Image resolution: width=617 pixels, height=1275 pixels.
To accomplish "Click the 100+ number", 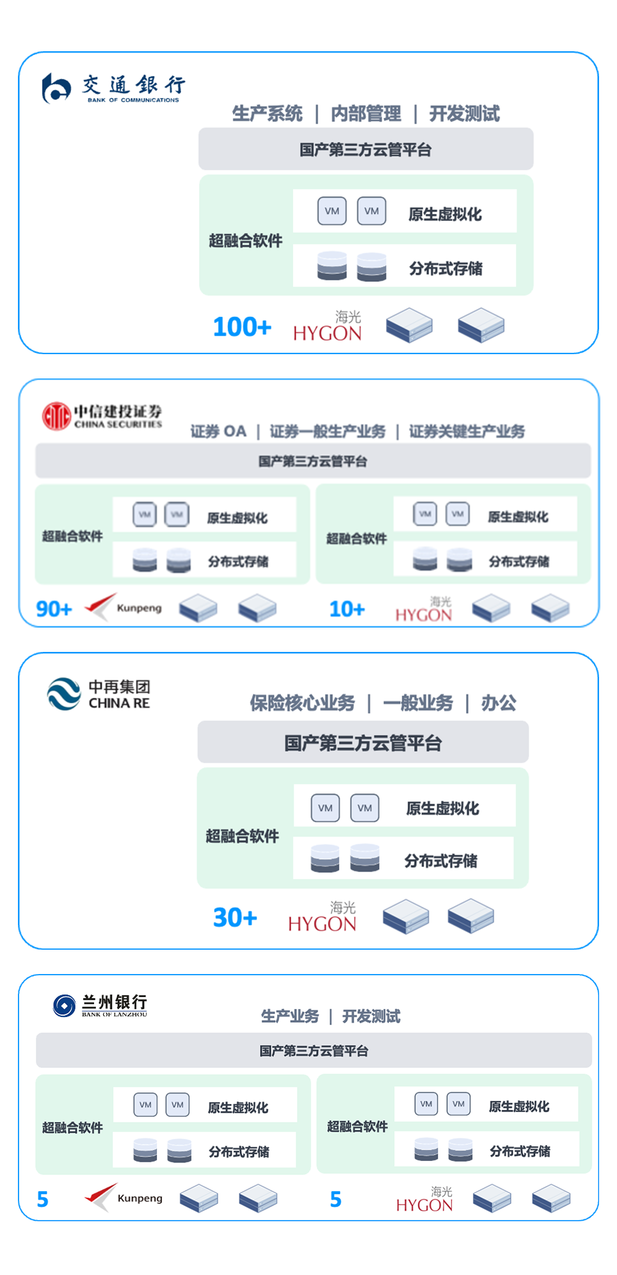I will (242, 327).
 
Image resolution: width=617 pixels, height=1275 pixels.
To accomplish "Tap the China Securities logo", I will (102, 416).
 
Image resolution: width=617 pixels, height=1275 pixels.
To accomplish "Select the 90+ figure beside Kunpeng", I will (54, 608).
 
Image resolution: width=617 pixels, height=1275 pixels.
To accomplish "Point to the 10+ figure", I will (347, 609).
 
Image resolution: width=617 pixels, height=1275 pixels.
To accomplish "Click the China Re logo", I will (99, 694).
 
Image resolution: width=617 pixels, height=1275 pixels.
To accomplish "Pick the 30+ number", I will (235, 918).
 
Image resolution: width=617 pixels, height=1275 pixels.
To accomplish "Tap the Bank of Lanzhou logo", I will (100, 1005).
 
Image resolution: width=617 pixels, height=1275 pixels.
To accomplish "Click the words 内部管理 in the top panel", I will (365, 114).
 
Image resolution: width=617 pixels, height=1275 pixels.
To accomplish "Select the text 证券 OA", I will (218, 432).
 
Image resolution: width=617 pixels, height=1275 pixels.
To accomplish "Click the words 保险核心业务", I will (302, 703).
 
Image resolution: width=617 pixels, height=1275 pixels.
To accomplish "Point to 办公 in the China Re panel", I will (498, 703).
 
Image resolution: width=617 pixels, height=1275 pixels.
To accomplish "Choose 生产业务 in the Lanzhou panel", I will (289, 1016).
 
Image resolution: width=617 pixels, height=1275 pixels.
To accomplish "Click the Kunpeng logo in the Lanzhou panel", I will (124, 1198).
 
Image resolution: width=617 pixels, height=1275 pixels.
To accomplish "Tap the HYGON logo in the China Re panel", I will (322, 917).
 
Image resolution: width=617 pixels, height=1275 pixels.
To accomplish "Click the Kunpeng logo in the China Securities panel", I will (123, 607).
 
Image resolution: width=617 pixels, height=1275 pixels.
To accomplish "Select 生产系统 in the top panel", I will (267, 114).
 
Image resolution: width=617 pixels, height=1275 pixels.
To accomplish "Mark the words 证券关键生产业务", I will (467, 432).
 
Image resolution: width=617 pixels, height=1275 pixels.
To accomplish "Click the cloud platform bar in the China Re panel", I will (363, 743).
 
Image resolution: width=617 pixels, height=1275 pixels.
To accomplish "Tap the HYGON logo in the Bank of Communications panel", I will (328, 327).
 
